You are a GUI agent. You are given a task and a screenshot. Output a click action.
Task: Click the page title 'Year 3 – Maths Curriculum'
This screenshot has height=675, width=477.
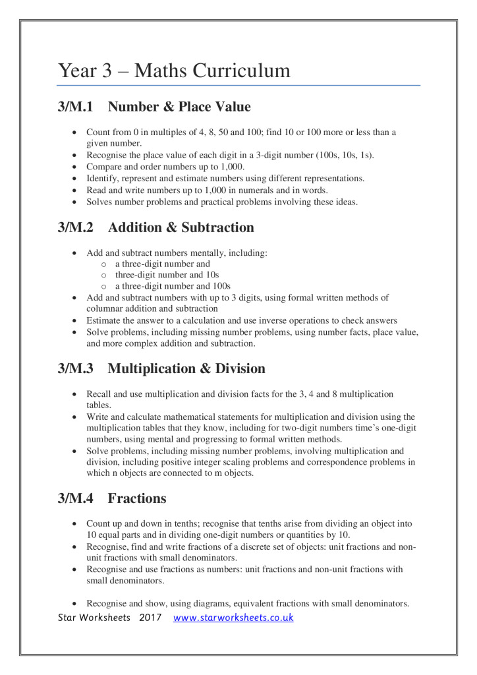point(174,71)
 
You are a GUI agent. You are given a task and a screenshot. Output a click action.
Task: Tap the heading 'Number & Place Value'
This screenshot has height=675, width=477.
point(179,107)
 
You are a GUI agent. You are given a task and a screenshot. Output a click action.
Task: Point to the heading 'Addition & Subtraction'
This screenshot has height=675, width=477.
point(181,228)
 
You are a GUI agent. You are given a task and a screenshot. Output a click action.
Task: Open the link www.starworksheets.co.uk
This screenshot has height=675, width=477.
point(233,618)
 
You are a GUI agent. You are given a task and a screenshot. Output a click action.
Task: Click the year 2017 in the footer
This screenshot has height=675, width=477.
point(151,618)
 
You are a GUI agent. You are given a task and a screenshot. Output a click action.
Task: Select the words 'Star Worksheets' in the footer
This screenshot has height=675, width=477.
point(94,618)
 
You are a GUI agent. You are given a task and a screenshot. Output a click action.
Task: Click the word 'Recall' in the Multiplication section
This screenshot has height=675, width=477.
point(100,394)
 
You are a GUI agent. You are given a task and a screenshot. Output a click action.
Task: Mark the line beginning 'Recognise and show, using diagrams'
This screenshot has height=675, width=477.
point(248,602)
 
